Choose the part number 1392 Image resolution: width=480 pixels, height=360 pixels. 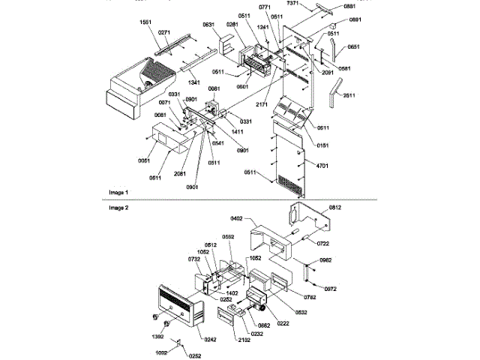tap(158, 337)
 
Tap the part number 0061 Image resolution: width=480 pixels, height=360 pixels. tap(143, 160)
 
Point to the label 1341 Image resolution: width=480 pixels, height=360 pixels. tap(194, 81)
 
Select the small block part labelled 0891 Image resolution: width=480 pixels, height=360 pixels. tap(331, 33)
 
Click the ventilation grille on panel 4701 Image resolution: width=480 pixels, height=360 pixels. tap(293, 180)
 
